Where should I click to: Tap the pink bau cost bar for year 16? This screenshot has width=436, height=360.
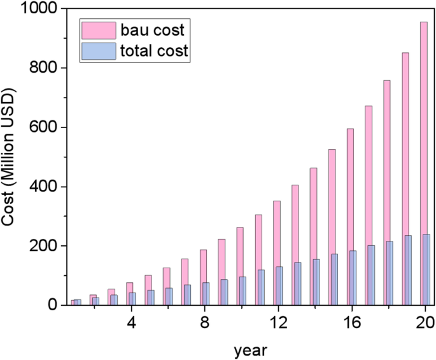(349, 217)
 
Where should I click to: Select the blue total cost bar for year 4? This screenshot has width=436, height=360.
(133, 299)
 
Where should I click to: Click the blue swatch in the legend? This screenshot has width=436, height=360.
(98, 51)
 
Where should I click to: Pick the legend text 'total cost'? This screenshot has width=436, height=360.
(155, 51)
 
